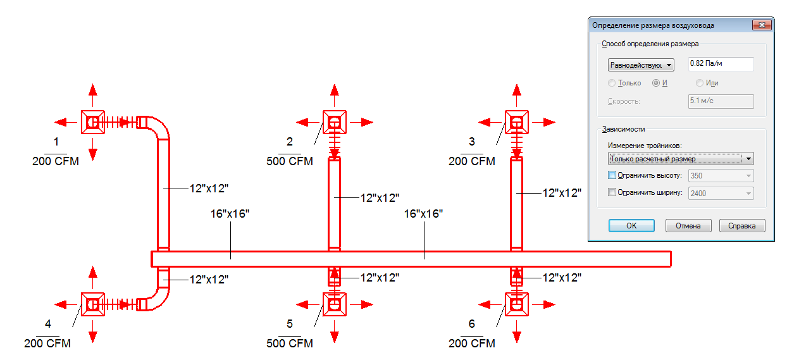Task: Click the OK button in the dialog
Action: (631, 225)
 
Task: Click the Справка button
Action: (741, 225)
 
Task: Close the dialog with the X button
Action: (762, 25)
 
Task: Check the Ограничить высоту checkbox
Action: (612, 175)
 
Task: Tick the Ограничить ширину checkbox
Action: (612, 192)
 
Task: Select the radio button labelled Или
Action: (699, 83)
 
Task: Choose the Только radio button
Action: (612, 83)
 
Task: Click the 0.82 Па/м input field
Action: (721, 64)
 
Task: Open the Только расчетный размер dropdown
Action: (681, 159)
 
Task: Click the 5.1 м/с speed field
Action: (721, 101)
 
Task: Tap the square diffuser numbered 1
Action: (93, 122)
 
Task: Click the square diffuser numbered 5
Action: (335, 304)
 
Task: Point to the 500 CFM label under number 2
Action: (290, 161)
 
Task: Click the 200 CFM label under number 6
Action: (471, 343)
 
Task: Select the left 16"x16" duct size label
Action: (230, 214)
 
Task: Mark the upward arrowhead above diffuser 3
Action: (516, 90)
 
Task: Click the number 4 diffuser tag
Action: (48, 323)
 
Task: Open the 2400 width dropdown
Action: (721, 193)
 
